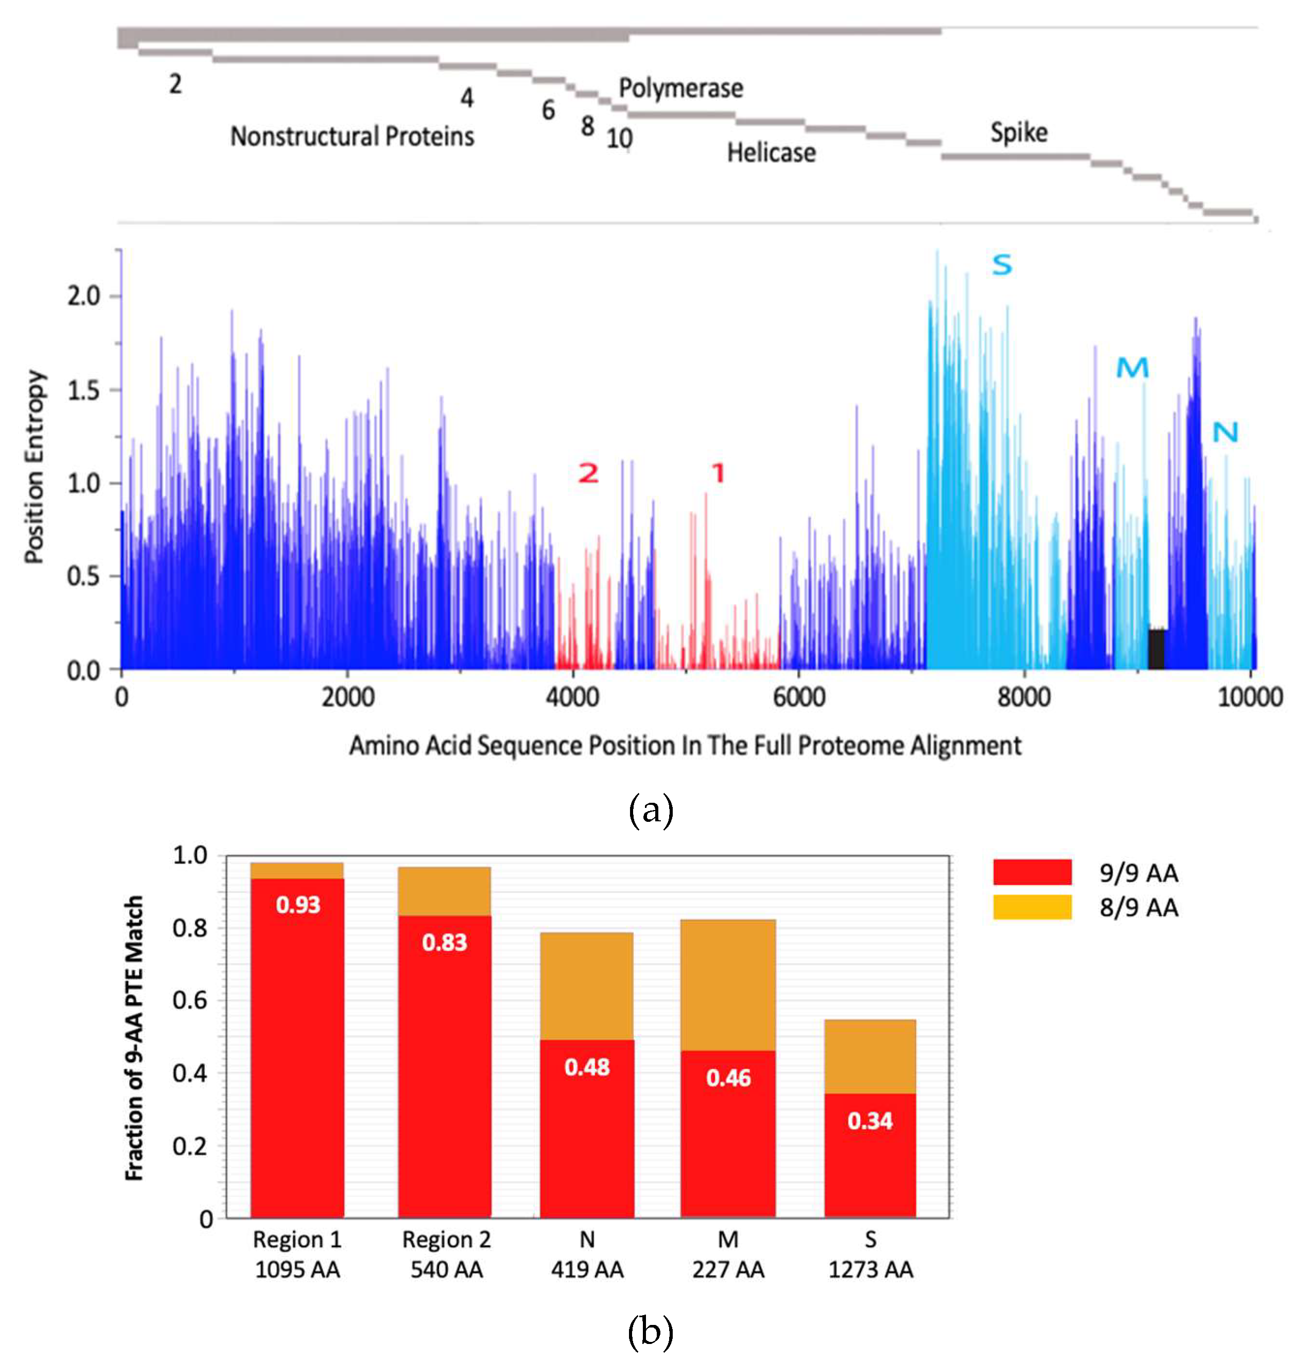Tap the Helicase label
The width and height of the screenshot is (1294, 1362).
(x=771, y=152)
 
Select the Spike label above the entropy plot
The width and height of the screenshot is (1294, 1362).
(x=1018, y=132)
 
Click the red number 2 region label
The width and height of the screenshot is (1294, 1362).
(x=588, y=473)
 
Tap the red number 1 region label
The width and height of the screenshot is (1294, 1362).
(x=718, y=473)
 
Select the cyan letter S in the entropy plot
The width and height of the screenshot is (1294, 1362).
(x=1002, y=265)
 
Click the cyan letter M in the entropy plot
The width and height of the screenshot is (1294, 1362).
(x=1132, y=368)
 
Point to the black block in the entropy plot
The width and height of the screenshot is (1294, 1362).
(x=1156, y=649)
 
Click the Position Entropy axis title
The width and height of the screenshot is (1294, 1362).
(x=34, y=467)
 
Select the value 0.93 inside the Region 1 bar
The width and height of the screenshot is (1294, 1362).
(x=298, y=905)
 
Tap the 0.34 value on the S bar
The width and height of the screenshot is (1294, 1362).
(x=870, y=1120)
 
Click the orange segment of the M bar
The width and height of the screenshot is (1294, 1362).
(x=728, y=985)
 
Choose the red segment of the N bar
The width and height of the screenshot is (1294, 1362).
(x=586, y=1139)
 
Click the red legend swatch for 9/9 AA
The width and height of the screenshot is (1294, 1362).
(x=1032, y=872)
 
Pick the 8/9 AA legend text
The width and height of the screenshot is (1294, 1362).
(x=1138, y=908)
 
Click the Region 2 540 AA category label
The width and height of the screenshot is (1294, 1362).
(x=446, y=1254)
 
